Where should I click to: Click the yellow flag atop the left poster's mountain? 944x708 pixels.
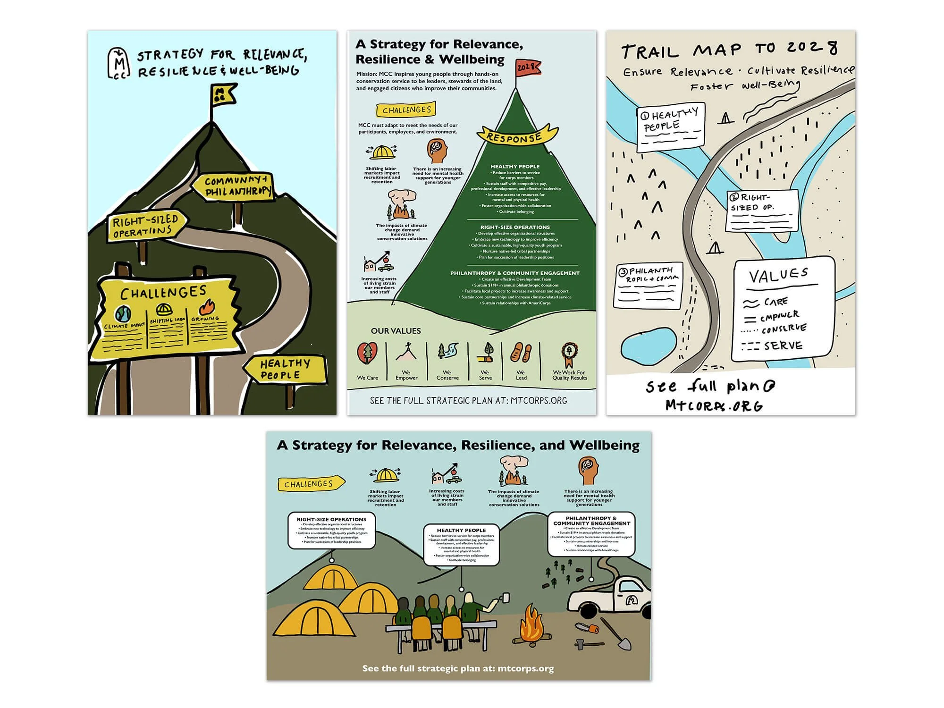pos(223,94)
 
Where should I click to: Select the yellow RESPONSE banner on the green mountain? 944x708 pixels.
pos(516,135)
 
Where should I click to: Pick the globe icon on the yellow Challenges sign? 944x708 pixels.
pos(123,314)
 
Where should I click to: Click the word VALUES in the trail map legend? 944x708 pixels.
pos(778,275)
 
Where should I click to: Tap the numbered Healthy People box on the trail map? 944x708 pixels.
pos(670,127)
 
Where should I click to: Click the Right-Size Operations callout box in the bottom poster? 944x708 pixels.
pos(331,531)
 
